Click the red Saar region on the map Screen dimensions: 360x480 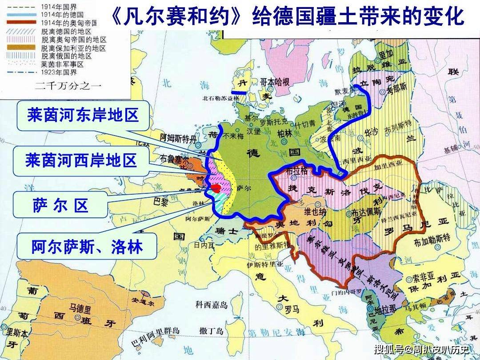[x=216, y=188]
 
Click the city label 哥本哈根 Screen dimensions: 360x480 [x=275, y=82]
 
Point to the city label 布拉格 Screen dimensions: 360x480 [x=298, y=170]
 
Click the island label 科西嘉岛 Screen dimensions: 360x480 [x=212, y=305]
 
